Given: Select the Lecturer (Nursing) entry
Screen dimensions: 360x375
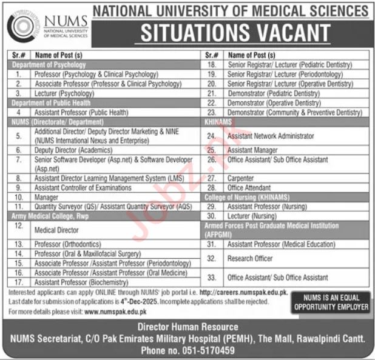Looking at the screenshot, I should (249, 215).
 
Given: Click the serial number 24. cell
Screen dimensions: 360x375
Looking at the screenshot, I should (212, 136).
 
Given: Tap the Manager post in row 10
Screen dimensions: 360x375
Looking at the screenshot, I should (46, 198).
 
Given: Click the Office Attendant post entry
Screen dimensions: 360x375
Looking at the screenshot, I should (250, 188).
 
